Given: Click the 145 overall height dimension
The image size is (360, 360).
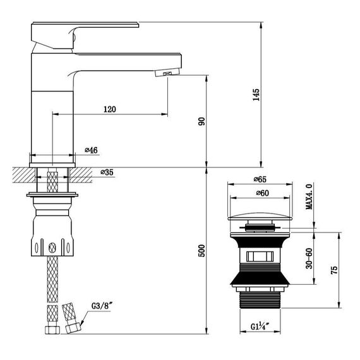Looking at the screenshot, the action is coord(256,95).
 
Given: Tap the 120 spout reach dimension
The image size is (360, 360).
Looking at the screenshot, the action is coord(110,109).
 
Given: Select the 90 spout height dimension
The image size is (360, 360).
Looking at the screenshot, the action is coord(201,121).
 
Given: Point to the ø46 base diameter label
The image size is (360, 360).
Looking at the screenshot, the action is coord(91,150).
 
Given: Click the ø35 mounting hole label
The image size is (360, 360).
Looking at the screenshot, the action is coord(107,172).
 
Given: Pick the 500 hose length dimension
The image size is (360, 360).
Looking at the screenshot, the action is coord(201,251).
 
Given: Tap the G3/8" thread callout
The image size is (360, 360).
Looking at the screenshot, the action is coord(102,306).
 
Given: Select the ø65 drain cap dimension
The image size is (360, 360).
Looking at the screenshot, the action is coord(260,179).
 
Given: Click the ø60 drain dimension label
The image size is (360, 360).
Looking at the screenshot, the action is coord(263,193).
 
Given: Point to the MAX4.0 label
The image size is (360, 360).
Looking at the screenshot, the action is coord(309,196).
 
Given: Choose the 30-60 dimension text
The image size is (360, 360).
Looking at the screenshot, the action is coord(309,258).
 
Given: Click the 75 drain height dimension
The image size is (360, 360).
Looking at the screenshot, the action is coord(334,270).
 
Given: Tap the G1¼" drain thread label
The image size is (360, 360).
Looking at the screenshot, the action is coord(260,326).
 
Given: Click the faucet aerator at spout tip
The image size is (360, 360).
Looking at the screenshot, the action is coord(167,73).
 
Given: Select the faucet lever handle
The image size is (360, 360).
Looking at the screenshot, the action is coord(85,35).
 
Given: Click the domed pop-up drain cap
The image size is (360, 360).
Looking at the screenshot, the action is coord(260,216).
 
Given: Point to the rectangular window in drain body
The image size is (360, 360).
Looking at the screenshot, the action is coord(260,256).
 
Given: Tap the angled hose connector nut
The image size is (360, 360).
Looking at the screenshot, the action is coord(73,327).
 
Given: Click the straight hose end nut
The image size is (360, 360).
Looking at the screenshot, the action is coord(52,330).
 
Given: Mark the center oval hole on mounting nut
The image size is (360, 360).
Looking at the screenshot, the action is coord(52,248).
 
